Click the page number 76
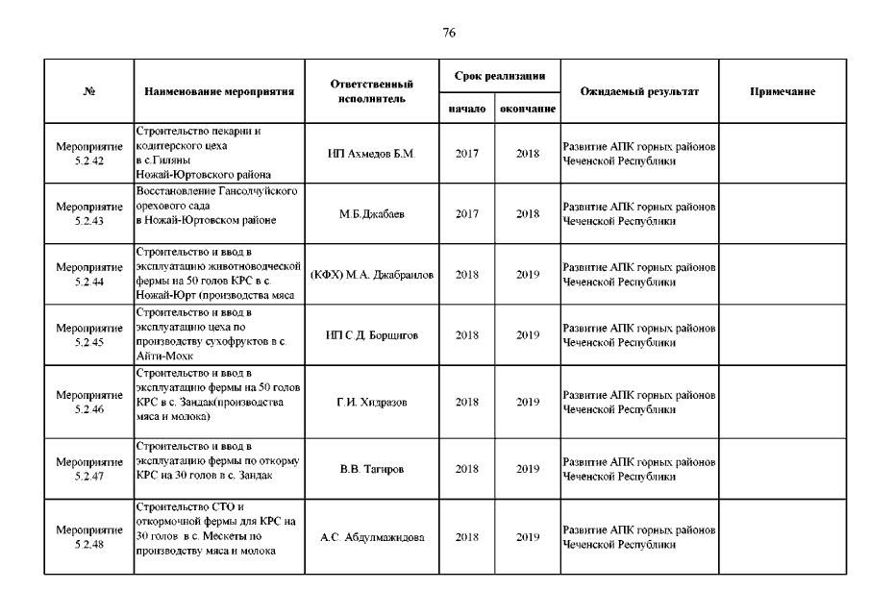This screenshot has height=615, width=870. click(x=449, y=33)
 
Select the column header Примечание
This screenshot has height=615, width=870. click(x=783, y=92)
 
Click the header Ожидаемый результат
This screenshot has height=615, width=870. click(x=639, y=92)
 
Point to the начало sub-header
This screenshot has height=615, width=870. click(x=467, y=110)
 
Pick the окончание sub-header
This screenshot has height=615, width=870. click(x=528, y=110)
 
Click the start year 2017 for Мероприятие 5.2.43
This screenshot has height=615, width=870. click(x=467, y=213)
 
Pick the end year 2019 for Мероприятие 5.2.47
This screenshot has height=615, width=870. click(x=528, y=469)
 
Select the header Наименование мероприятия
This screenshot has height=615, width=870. click(x=218, y=92)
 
